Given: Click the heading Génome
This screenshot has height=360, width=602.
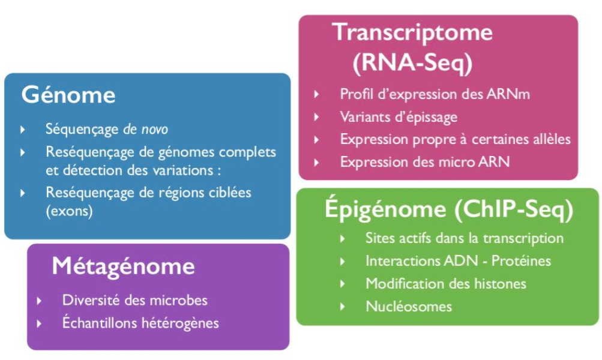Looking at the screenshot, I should tap(68, 95).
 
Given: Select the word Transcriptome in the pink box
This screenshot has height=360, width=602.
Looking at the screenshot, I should tap(413, 32).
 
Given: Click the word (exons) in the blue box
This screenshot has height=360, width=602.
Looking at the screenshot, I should tap(69, 212).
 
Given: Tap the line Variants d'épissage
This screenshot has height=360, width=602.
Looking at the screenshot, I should tap(399, 116).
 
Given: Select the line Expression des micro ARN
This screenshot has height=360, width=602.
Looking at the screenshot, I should tap(424, 161).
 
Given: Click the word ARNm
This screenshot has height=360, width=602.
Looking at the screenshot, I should tap(507, 94).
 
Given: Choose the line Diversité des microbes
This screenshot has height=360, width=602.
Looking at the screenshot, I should tap(135, 300).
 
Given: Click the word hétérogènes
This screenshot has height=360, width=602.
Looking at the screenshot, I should tap(179, 323).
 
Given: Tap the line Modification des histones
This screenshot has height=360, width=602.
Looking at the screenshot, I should tap(445, 284).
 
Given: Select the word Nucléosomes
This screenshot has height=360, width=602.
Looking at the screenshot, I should tap(408, 307).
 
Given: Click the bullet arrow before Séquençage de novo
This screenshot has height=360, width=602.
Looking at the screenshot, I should tap(23, 129).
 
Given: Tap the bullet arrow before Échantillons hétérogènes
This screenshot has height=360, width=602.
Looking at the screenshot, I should tap(40, 323).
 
